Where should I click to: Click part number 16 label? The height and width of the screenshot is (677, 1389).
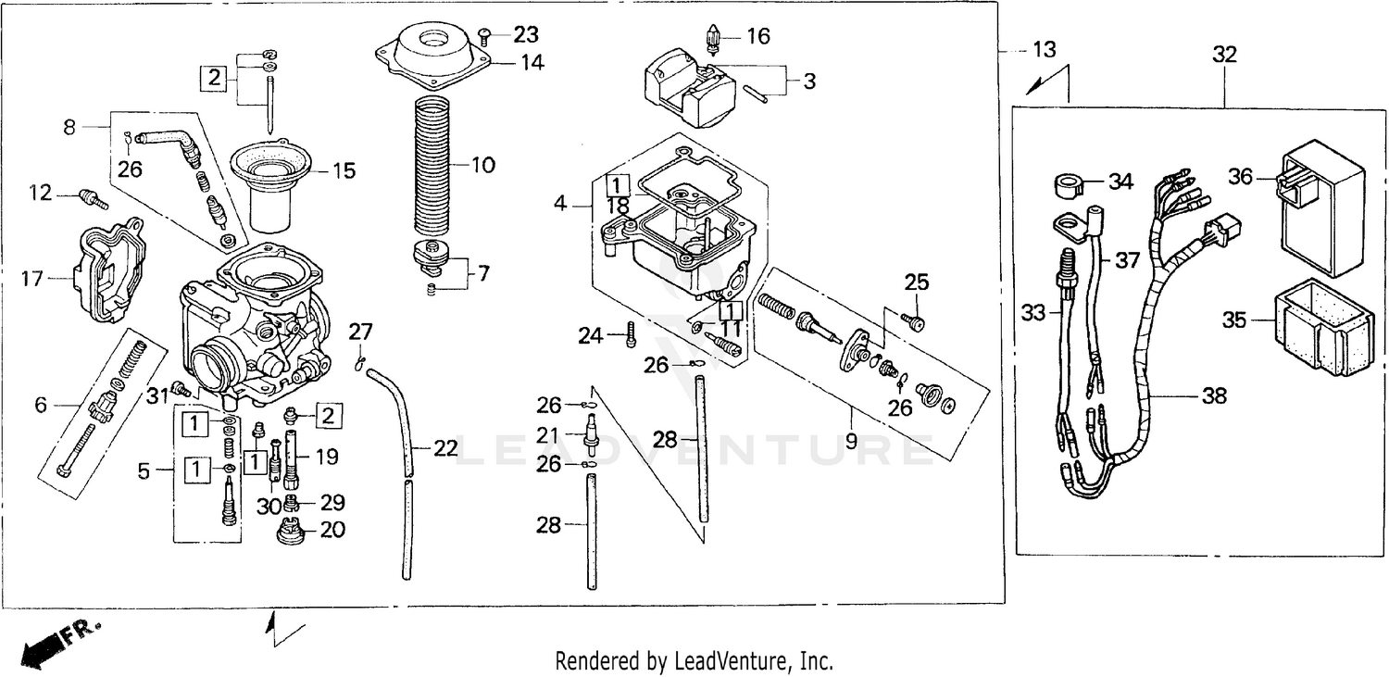tap(757, 37)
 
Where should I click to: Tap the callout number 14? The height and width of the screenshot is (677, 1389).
tap(532, 63)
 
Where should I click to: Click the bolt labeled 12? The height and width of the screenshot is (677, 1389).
tap(93, 197)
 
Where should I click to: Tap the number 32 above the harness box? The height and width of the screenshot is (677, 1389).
tap(1224, 56)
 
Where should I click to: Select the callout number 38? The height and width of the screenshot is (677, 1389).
tap(1213, 396)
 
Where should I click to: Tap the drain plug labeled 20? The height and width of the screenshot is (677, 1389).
tap(290, 533)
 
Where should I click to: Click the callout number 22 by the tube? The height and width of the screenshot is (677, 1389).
tap(445, 449)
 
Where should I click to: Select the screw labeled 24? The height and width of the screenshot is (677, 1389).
tap(632, 333)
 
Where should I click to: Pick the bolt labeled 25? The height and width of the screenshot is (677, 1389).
tap(915, 321)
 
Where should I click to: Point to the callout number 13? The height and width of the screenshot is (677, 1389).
tap(1044, 50)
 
